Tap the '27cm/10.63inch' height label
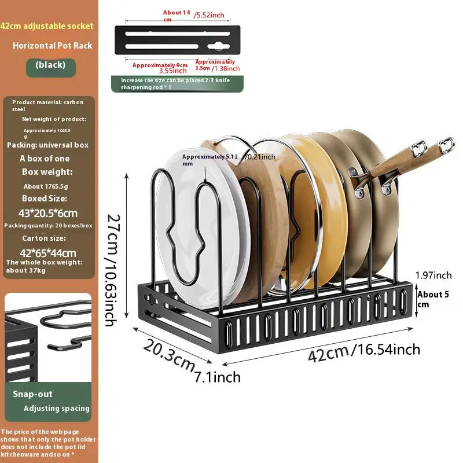[x=113, y=269]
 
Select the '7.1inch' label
[x=217, y=377]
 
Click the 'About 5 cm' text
[x=433, y=299]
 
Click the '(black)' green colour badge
[x=50, y=65]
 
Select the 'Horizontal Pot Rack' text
[x=53, y=45]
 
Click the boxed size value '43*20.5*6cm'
[x=49, y=213]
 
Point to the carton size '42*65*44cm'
[x=49, y=252]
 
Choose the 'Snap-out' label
[x=32, y=394]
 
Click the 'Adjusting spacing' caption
[x=57, y=408]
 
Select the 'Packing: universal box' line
[x=47, y=145]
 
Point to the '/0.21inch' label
[x=261, y=156]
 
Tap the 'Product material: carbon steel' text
[x=47, y=105]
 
